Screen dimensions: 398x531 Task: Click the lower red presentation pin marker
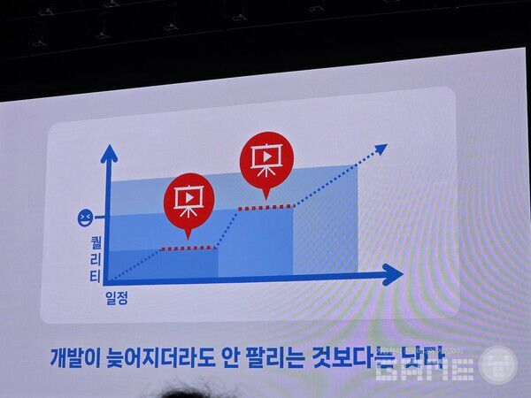pyautogui.click(x=188, y=201)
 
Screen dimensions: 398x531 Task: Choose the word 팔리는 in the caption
pyautogui.click(x=273, y=358)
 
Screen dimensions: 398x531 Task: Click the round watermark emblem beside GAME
pyautogui.click(x=498, y=365)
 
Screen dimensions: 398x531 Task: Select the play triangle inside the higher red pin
pyautogui.click(x=265, y=157)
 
